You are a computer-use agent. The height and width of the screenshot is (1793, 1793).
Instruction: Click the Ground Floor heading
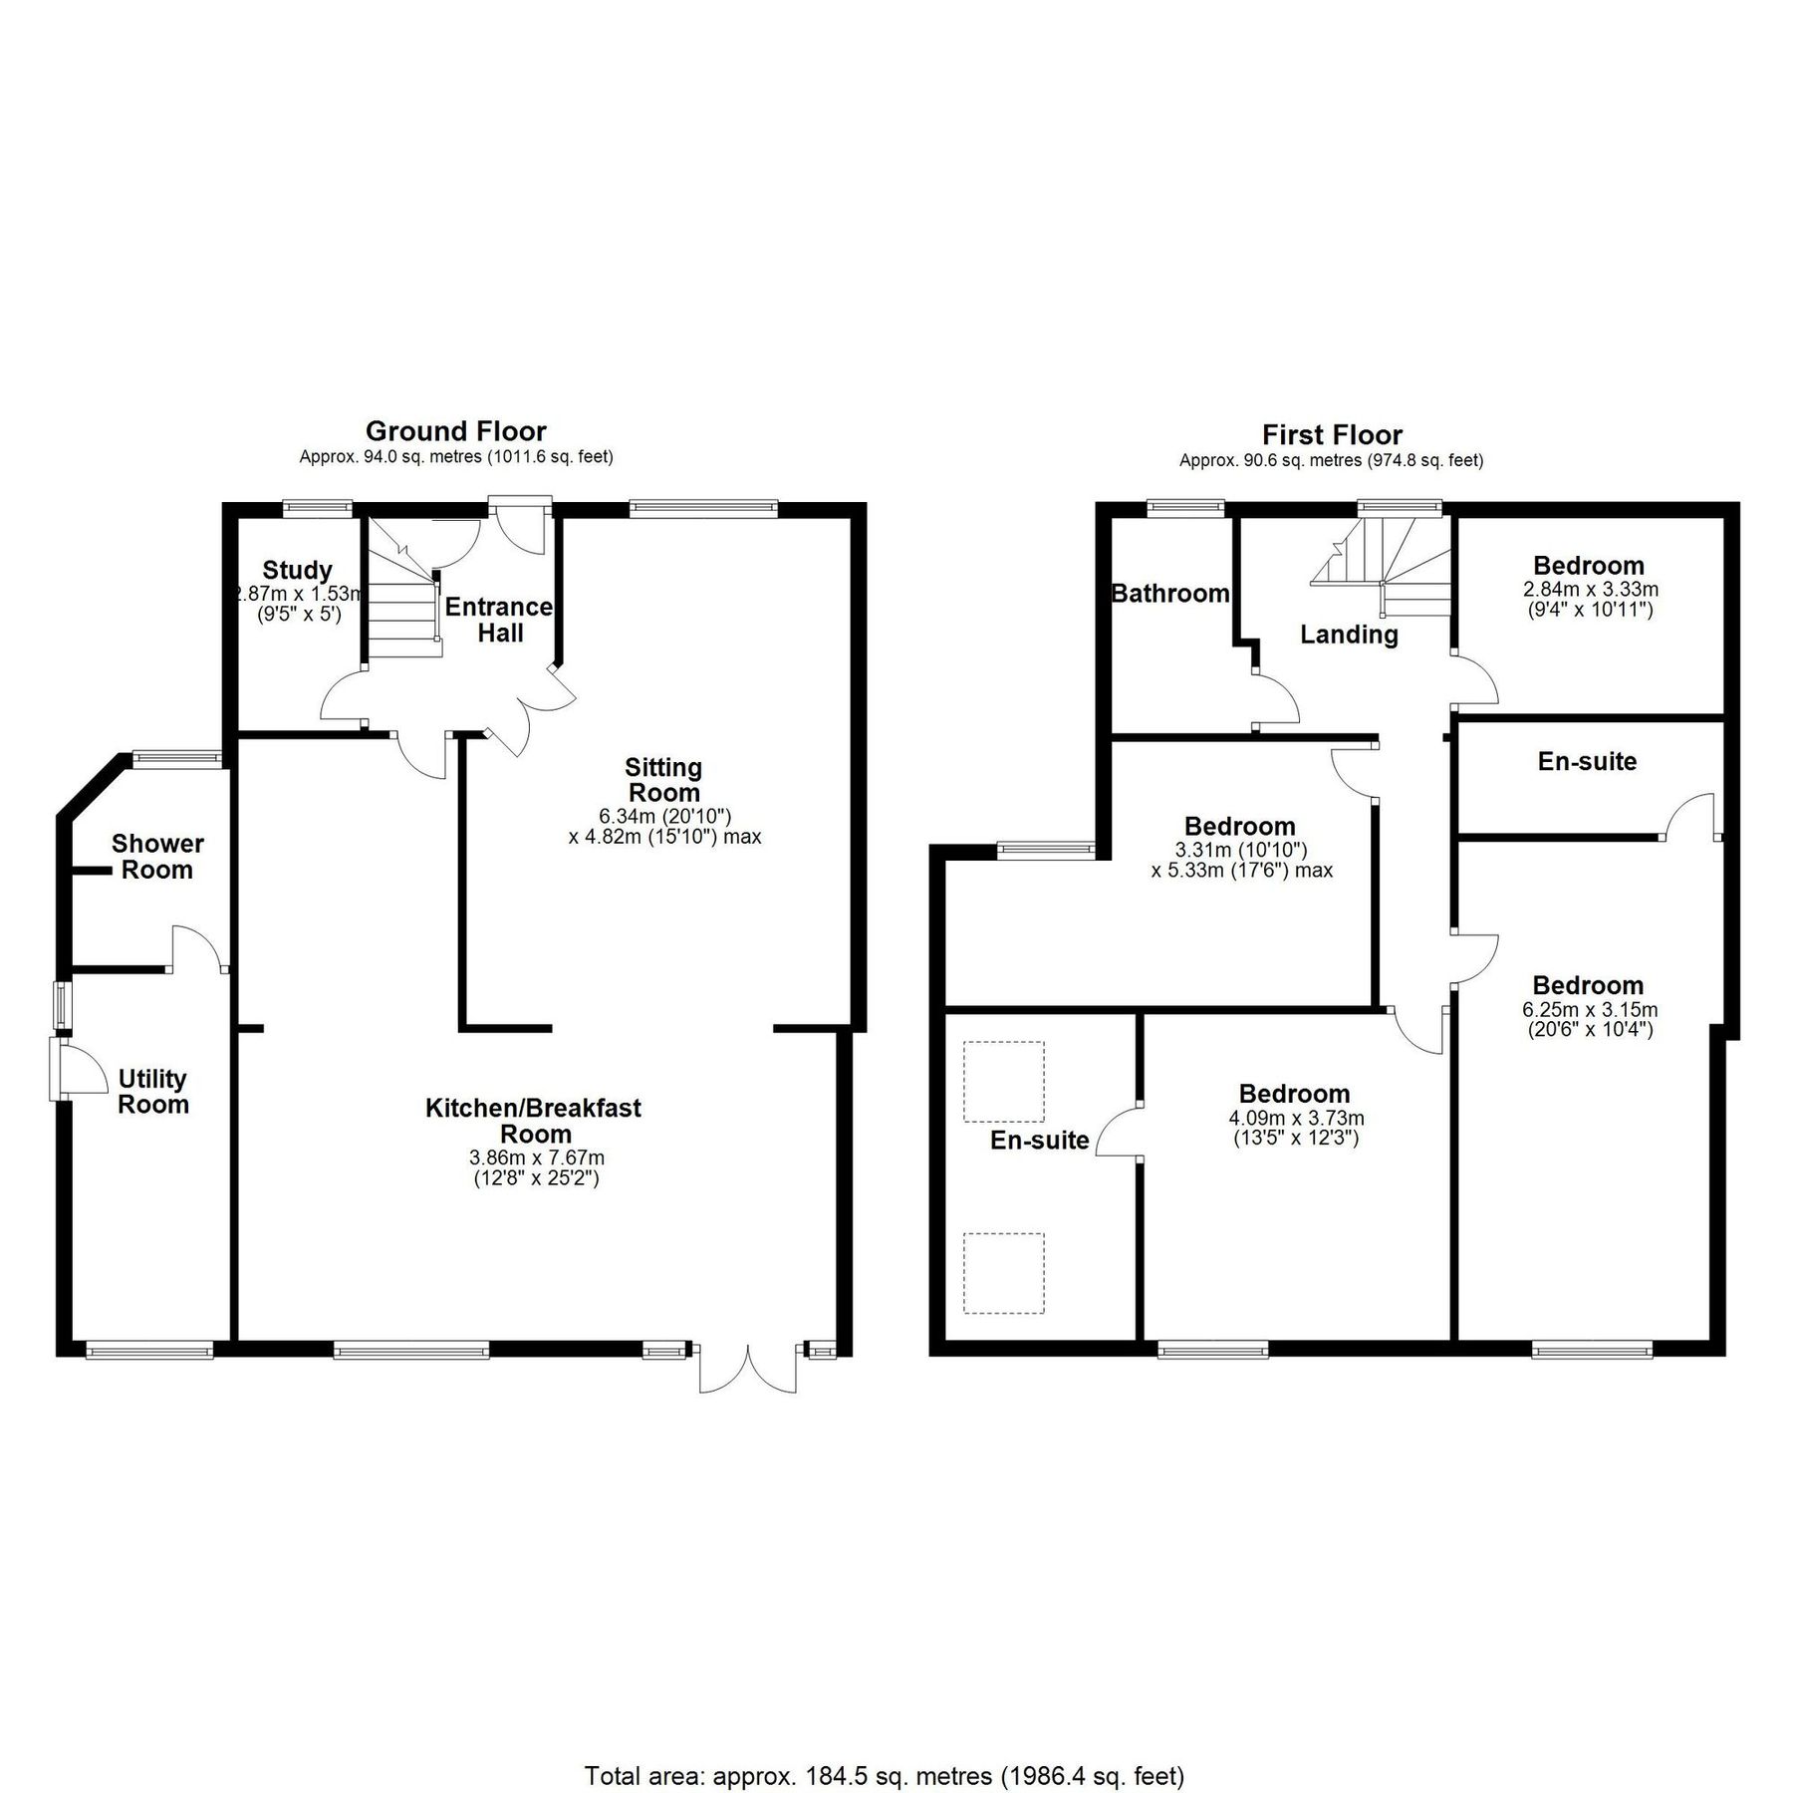(455, 431)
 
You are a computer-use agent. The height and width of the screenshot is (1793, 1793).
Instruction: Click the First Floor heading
(1332, 435)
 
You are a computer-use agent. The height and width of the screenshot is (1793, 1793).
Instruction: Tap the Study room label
(297, 571)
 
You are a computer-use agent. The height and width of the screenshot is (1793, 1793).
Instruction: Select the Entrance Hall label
(498, 620)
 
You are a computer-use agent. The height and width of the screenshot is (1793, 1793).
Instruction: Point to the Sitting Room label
(663, 780)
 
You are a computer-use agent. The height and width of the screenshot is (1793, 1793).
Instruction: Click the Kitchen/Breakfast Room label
(534, 1121)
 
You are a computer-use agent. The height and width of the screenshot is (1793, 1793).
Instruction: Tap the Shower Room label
(157, 857)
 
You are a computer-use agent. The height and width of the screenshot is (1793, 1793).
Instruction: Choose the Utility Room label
(152, 1092)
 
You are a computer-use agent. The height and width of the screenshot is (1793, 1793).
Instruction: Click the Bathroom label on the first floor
(1170, 594)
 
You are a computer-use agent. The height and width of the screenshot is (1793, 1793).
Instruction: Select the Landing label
(1349, 635)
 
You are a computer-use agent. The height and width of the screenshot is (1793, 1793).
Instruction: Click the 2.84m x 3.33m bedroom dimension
(1590, 589)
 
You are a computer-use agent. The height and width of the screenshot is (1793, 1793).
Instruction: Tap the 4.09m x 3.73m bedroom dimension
(1295, 1119)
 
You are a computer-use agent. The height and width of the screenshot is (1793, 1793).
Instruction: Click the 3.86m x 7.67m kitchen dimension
(536, 1158)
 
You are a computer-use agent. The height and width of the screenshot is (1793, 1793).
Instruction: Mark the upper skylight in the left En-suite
(1004, 1082)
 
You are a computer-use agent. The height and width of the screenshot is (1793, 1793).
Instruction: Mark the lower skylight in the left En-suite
(1004, 1273)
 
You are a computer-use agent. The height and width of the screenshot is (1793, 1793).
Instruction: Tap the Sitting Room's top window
(703, 508)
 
